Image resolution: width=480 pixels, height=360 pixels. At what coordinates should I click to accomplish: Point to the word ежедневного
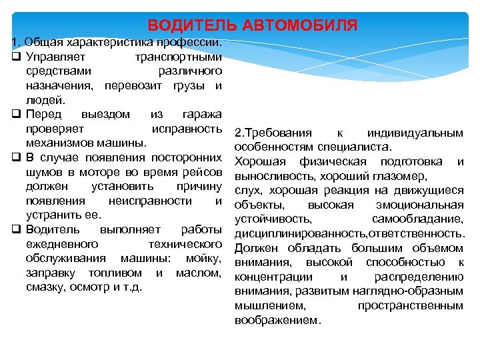point(60,244)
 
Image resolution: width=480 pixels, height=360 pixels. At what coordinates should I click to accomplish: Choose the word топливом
point(120,273)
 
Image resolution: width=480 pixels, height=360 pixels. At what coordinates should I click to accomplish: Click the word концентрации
point(269,277)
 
